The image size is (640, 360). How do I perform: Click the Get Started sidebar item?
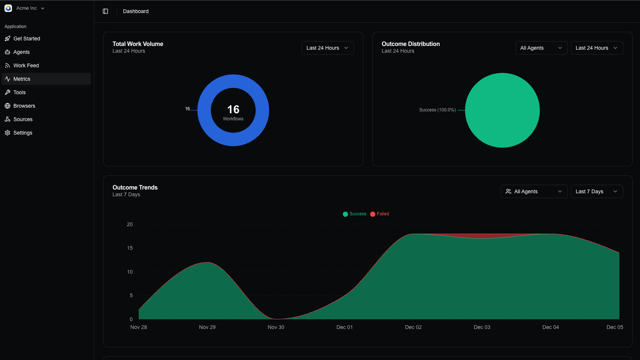tap(27, 39)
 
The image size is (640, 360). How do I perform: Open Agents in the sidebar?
tap(21, 52)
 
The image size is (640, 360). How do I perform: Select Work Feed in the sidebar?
tap(26, 65)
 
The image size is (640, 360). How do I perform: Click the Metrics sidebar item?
tap(22, 79)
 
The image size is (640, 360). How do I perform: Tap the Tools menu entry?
tap(19, 92)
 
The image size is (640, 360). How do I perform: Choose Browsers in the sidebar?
tap(24, 106)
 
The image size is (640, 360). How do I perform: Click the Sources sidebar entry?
tap(23, 119)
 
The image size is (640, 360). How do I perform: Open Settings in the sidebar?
tap(22, 133)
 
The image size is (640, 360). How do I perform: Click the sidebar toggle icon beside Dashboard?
tap(105, 11)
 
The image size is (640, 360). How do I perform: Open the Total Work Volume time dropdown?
tap(327, 48)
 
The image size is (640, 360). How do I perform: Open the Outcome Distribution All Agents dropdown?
tap(541, 48)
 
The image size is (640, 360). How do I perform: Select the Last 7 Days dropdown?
tap(596, 191)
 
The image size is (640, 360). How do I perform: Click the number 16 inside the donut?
tap(233, 110)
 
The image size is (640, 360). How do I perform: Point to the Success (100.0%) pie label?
tap(437, 110)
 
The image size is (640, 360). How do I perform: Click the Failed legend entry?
tap(380, 214)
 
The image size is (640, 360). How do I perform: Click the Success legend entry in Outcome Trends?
tap(355, 214)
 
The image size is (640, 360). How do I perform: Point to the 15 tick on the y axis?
tap(130, 248)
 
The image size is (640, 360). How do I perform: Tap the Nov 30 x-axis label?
tap(276, 327)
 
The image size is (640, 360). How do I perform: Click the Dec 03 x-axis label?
tap(482, 327)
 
